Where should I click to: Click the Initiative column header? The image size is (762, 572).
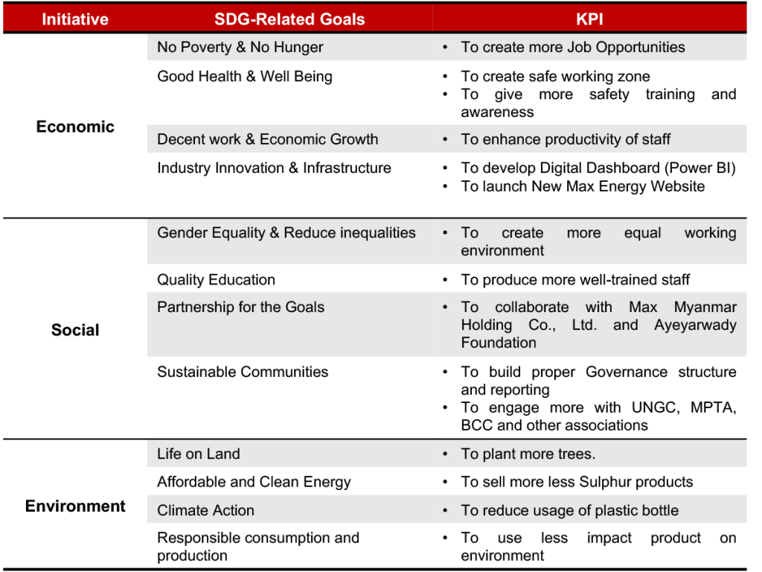pos(74,19)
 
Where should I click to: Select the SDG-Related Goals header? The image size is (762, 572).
pos(289,19)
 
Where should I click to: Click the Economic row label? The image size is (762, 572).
pos(75,127)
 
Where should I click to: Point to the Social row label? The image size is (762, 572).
pos(75,330)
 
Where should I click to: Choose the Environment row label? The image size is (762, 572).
pos(75,506)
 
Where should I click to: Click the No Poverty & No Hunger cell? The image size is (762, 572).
pos(240,47)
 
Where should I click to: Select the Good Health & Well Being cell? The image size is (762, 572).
pos(244,76)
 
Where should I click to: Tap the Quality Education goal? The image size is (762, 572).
pos(216,280)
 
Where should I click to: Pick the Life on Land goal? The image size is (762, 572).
pos(198,454)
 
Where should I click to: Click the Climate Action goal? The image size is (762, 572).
pos(205,510)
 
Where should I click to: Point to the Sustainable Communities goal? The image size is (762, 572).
pos(242,372)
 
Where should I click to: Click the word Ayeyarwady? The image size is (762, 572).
pos(695,325)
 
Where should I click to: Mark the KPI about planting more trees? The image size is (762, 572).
pos(528,454)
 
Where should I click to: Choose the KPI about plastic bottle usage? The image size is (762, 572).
pos(569,510)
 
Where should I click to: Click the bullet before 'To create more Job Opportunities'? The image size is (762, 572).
pos(445,47)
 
